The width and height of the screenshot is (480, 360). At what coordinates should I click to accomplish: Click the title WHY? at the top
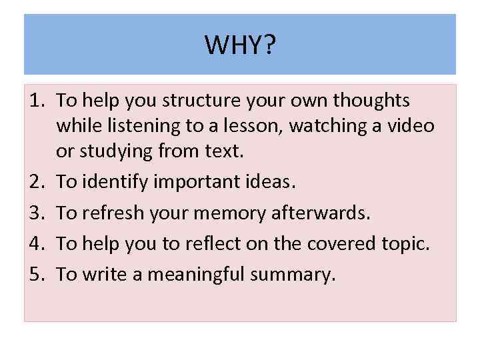[x=240, y=45]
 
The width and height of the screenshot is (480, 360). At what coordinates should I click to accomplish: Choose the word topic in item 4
[x=405, y=243]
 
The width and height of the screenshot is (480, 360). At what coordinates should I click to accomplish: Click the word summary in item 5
[x=294, y=274]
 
